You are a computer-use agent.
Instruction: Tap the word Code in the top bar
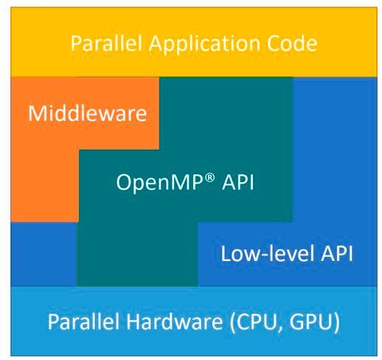coord(291,44)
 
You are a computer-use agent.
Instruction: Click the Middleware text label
coord(87,114)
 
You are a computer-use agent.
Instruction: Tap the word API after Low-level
coord(336,255)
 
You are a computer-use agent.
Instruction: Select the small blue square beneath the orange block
coord(44,253)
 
